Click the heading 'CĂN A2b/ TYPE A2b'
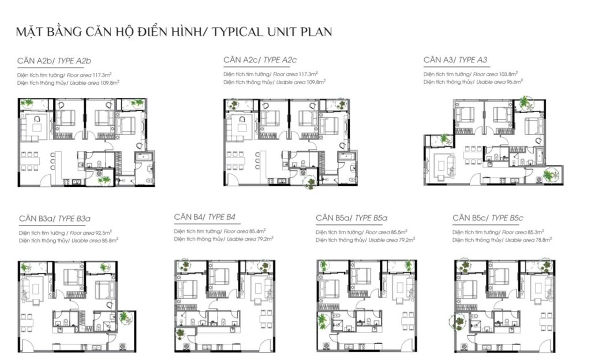point(54,61)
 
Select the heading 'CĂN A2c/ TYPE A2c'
point(260,60)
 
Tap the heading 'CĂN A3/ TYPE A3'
point(455,60)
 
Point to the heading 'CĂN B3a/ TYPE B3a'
point(55,219)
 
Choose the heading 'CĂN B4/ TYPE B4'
point(205,217)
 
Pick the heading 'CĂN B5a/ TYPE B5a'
point(351,218)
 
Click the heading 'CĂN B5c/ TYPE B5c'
point(488,218)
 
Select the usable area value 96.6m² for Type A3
point(514,82)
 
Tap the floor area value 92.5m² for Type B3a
point(103,232)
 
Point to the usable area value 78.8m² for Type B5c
point(544,239)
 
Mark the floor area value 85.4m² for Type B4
point(257,231)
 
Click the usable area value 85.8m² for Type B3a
point(110,240)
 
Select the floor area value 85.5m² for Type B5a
point(399,232)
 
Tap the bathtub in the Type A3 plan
point(539,157)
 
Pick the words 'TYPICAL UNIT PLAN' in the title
point(272,32)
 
